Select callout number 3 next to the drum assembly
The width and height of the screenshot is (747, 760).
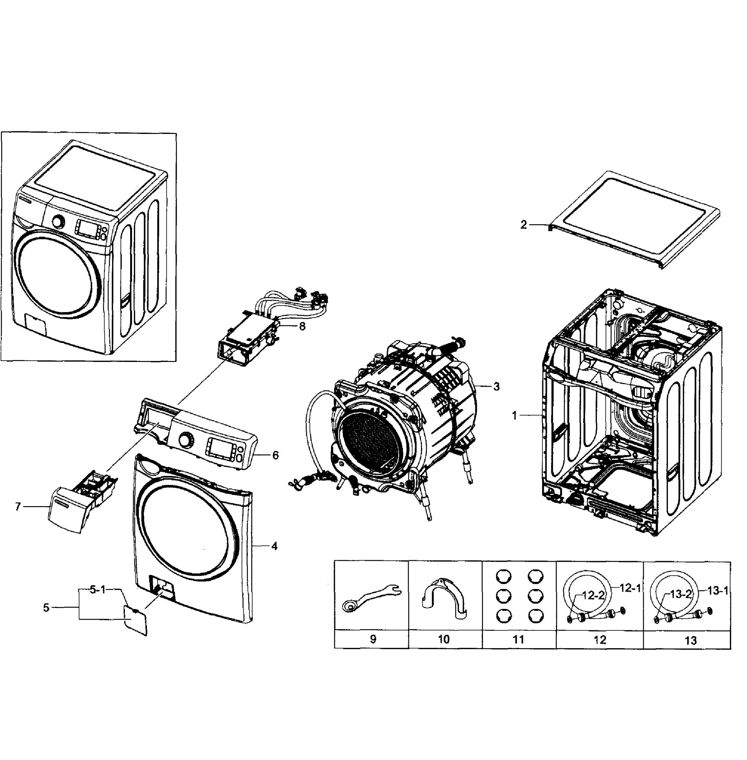497,387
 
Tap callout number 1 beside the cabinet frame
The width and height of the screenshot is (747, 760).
515,415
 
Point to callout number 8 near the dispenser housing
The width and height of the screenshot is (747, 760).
302,326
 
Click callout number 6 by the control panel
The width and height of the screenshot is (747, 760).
275,455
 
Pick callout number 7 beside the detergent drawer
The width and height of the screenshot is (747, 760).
18,507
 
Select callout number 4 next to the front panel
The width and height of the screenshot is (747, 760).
274,547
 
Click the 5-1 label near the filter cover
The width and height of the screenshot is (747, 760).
98,590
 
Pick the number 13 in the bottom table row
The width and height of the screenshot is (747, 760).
691,641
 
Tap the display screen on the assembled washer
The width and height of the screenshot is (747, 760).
87,228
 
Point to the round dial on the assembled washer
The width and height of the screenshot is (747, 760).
59,222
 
